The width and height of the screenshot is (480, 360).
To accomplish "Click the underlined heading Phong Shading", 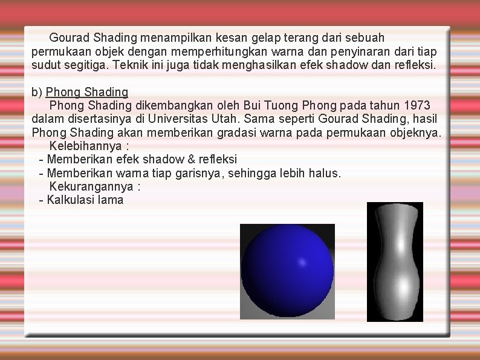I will point(87,92).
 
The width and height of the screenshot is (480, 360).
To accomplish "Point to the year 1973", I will point(417,105).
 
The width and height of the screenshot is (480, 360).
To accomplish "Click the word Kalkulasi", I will point(70,200).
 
